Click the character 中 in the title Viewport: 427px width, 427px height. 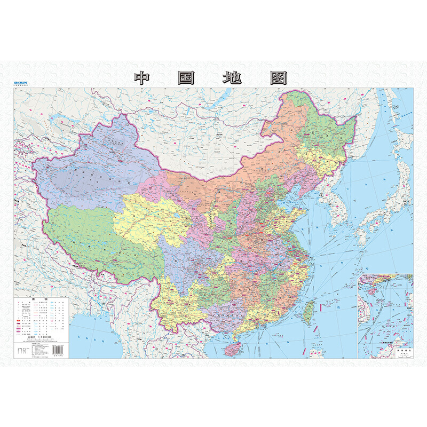coord(142,78)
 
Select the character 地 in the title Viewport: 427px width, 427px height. coord(232,78)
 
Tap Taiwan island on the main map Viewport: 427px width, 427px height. coord(308,313)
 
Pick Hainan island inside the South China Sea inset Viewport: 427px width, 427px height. coord(372,286)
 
